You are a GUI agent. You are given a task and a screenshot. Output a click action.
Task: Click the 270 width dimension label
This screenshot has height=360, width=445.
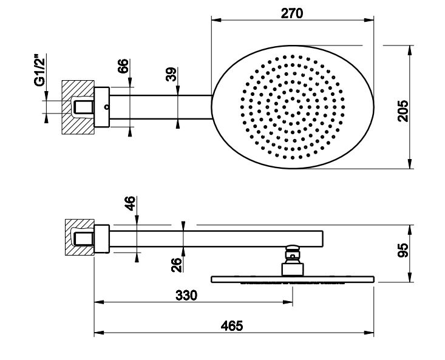point(292,13)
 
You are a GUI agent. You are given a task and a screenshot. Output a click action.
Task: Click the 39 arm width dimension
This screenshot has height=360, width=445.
point(171,75)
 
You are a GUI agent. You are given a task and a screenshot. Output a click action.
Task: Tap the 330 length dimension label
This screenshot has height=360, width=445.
point(186,296)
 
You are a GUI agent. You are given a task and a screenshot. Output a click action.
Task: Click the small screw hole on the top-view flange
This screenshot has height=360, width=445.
point(106,108)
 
